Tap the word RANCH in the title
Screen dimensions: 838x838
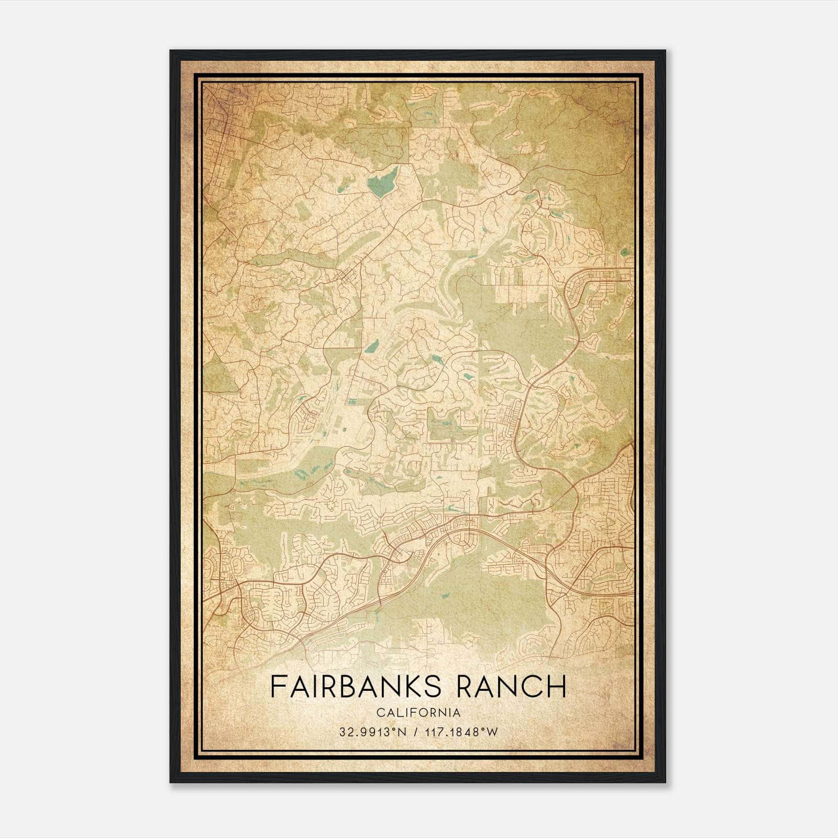point(512,687)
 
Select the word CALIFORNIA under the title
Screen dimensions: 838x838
point(418,713)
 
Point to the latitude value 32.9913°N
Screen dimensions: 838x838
point(373,732)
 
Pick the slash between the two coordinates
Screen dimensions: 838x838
point(416,732)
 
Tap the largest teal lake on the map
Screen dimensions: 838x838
point(382,181)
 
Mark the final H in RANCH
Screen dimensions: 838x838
point(558,687)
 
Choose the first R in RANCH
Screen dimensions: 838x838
point(465,687)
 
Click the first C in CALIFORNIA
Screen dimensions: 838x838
point(378,713)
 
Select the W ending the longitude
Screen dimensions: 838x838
point(492,732)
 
